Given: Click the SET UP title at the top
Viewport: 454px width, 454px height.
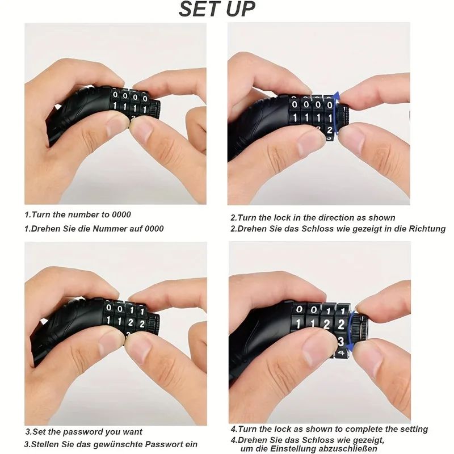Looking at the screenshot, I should click(217, 10).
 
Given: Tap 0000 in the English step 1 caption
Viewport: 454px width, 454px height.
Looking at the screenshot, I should click(120, 215).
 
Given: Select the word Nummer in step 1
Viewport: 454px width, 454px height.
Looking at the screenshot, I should click(115, 229).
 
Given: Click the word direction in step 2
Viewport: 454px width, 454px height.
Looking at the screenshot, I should click(337, 218).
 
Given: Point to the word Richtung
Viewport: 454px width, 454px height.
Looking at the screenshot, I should click(426, 229).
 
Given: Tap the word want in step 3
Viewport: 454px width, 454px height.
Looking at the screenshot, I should click(132, 432).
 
